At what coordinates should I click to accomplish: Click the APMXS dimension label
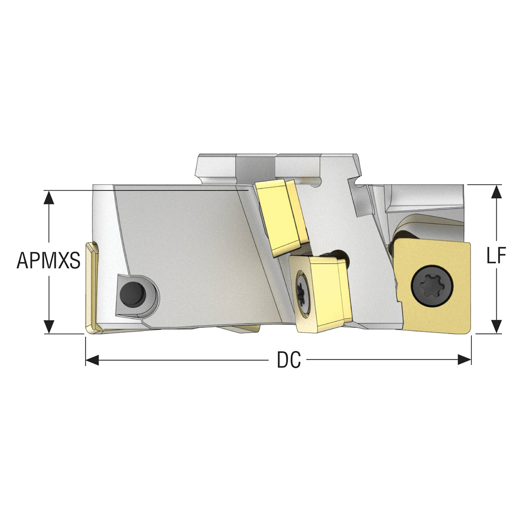(x=49, y=260)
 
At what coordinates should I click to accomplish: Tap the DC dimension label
(x=289, y=360)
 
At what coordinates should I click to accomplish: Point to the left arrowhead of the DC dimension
(x=92, y=360)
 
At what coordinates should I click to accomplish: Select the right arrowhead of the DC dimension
(x=464, y=360)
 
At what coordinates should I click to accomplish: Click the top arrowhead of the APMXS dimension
(x=49, y=197)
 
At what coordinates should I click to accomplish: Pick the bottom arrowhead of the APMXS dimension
(x=49, y=327)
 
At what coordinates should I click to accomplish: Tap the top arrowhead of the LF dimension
(x=496, y=192)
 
